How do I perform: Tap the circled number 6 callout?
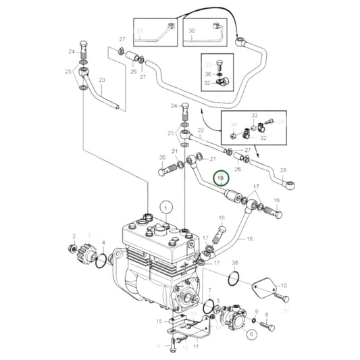[x=250, y=333]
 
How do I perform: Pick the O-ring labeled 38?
[x=234, y=278]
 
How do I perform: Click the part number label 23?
[x=103, y=80]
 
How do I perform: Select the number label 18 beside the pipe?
[x=249, y=239]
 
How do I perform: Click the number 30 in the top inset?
[x=191, y=31]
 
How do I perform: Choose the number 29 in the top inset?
[x=140, y=31]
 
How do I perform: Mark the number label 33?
[x=255, y=115]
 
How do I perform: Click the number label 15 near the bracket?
[x=159, y=321]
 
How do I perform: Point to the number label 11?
[x=195, y=346]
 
